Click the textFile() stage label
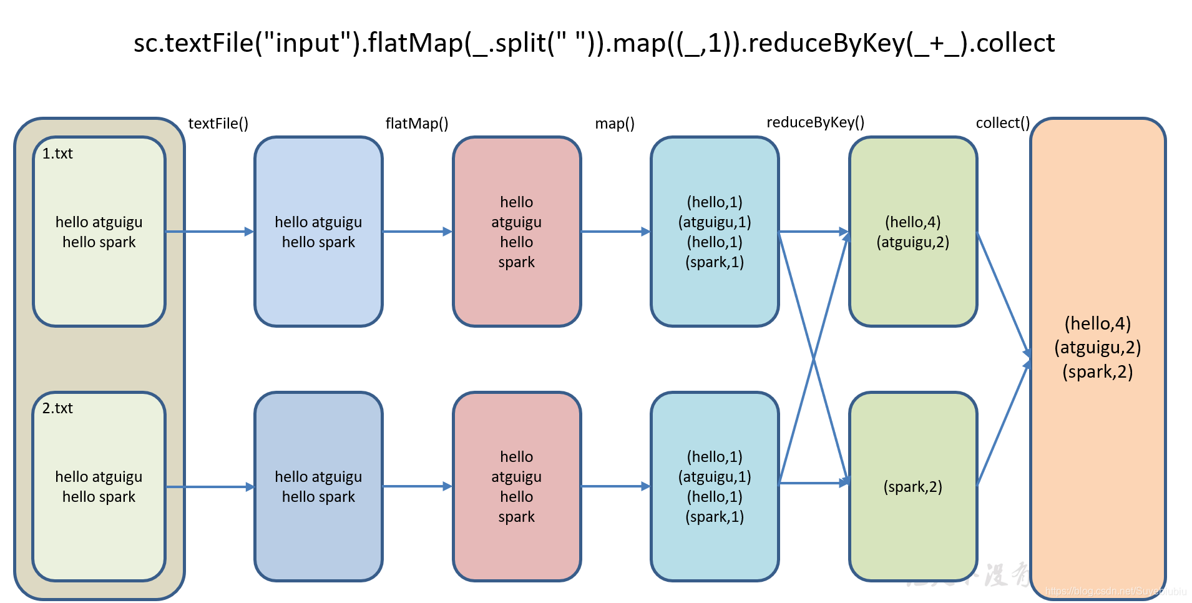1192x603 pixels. click(x=218, y=124)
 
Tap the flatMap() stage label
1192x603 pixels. click(x=416, y=124)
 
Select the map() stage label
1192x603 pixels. click(x=614, y=124)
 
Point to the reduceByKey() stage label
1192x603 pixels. click(x=814, y=122)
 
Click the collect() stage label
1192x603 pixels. click(x=1002, y=123)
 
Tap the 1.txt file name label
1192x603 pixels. click(x=57, y=154)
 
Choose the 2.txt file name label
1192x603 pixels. click(x=57, y=408)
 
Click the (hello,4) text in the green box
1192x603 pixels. click(x=912, y=222)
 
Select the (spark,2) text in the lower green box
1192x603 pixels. click(x=912, y=487)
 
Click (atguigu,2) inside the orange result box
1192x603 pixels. click(x=1097, y=348)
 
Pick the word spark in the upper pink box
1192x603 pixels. click(x=516, y=262)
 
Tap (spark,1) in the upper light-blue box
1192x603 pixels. click(x=715, y=262)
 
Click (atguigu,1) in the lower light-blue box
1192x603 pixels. click(x=715, y=477)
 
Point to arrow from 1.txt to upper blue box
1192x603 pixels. click(x=209, y=232)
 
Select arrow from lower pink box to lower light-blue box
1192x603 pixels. click(x=615, y=486)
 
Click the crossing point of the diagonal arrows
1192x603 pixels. click(x=814, y=358)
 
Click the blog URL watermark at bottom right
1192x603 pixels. click(x=1115, y=591)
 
